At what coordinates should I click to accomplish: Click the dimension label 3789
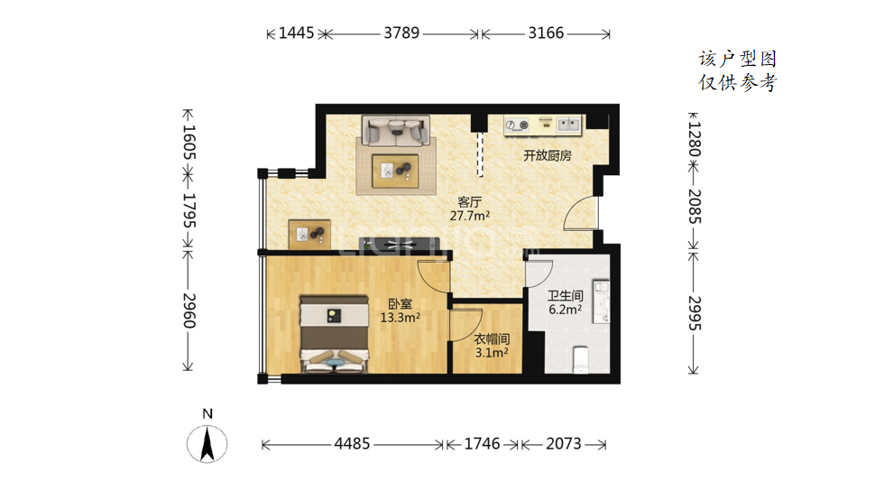click(x=401, y=32)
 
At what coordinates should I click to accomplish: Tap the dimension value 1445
click(x=296, y=32)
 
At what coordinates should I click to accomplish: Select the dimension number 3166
click(x=546, y=32)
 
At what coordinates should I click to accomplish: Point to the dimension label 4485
click(x=352, y=444)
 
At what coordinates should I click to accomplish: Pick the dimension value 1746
click(x=482, y=444)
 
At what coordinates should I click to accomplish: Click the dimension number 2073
click(x=564, y=444)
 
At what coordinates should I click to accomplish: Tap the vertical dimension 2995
click(x=695, y=313)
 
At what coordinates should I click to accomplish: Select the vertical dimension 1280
click(x=695, y=140)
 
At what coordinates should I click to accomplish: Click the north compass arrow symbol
click(x=207, y=444)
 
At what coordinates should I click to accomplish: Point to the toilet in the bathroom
click(x=581, y=360)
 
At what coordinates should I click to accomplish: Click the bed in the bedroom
click(x=335, y=334)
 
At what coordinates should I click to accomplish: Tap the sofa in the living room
click(x=396, y=131)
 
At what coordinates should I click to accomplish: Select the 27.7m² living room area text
click(x=470, y=216)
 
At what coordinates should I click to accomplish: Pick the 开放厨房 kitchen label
click(x=548, y=156)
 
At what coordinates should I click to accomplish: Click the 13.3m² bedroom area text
click(x=401, y=318)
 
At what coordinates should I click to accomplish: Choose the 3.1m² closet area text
click(x=492, y=353)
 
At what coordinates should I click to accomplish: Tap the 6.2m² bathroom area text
click(x=566, y=310)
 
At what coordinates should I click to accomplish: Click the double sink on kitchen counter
click(x=569, y=124)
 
